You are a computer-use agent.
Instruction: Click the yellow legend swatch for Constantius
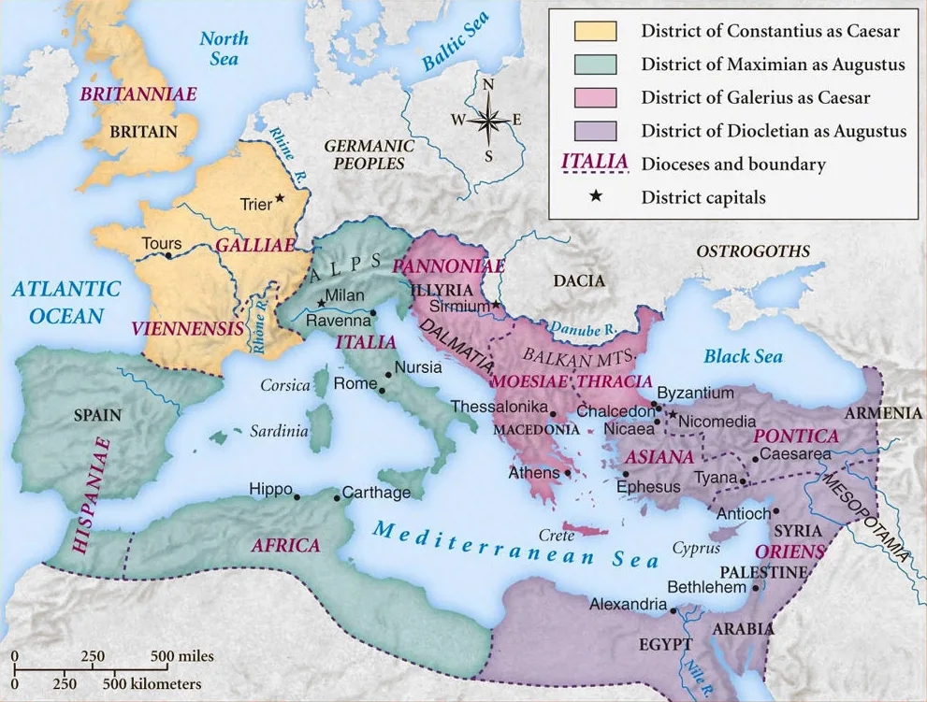click(595, 31)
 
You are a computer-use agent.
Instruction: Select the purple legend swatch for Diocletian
click(595, 130)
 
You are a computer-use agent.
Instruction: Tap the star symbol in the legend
click(594, 197)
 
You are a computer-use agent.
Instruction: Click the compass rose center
click(488, 121)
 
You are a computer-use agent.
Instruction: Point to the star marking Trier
click(279, 200)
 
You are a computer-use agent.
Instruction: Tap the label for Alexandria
click(628, 605)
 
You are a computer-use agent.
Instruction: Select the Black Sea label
click(743, 356)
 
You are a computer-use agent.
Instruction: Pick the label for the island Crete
click(556, 536)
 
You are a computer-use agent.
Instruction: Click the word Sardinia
click(279, 431)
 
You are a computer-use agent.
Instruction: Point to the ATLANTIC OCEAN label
click(66, 302)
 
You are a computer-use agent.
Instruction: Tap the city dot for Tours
click(167, 255)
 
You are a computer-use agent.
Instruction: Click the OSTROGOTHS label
click(753, 251)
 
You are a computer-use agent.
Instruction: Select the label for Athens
click(533, 473)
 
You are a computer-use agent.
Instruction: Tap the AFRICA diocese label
click(285, 545)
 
